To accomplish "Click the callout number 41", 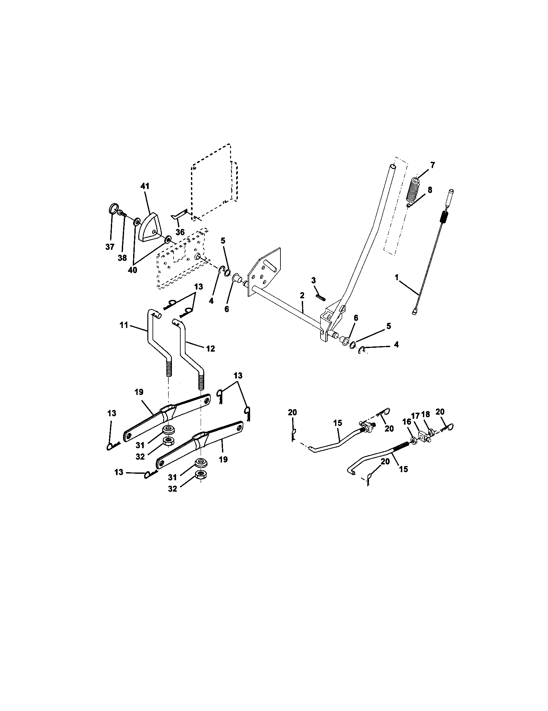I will (145, 186).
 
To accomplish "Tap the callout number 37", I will (110, 247).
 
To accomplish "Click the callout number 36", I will (180, 232).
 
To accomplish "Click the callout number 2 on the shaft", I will (302, 295).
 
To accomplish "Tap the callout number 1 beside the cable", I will (397, 277).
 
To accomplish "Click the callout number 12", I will (210, 348).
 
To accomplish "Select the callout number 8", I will (430, 190).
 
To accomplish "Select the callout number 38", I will (122, 258).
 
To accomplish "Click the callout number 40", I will (132, 270).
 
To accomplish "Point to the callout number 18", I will (426, 414).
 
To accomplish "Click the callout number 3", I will (313, 280).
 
